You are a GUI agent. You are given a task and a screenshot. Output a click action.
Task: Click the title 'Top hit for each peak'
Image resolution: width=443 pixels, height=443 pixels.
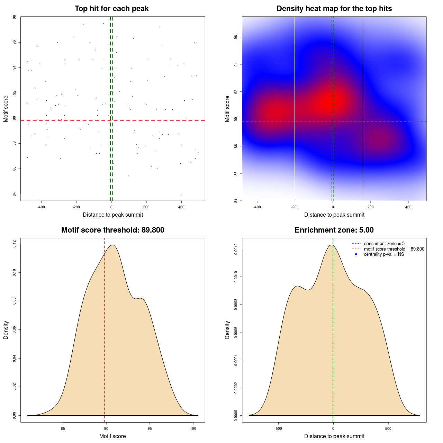[111, 9]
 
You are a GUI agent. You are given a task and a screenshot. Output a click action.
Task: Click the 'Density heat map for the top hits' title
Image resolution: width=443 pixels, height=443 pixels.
[334, 9]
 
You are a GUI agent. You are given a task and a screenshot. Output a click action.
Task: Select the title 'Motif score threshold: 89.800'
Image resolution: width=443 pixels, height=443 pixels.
[112, 230]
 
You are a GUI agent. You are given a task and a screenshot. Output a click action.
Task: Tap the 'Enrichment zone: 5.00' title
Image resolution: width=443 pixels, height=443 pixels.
[334, 230]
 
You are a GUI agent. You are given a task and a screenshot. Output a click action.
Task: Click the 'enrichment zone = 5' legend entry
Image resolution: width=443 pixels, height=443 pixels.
[384, 244]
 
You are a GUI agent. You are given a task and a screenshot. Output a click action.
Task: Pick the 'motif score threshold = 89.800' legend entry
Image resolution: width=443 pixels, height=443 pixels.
[394, 249]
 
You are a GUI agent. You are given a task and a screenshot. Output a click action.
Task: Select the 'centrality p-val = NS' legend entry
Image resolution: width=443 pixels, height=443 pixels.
[384, 254]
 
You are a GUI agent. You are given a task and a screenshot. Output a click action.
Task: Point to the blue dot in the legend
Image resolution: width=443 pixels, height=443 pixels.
[356, 254]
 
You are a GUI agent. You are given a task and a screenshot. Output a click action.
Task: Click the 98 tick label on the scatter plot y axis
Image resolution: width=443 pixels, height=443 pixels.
[14, 17]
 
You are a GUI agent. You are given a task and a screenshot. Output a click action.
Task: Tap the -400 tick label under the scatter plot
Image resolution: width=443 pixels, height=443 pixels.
[41, 207]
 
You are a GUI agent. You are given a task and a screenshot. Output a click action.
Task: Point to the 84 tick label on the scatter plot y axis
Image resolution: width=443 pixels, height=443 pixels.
[14, 194]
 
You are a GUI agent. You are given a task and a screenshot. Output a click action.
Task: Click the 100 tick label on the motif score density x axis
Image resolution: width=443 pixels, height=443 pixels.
[193, 428]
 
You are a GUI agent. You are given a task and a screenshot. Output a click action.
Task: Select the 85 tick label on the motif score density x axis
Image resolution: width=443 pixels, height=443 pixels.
[63, 428]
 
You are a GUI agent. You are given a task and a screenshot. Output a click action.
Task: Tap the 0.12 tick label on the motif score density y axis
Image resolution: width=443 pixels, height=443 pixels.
[14, 244]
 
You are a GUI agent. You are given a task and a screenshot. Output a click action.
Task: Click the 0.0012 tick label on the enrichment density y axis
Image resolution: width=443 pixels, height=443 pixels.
[236, 249]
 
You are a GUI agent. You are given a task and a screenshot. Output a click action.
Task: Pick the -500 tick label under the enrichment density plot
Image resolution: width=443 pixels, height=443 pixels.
[278, 428]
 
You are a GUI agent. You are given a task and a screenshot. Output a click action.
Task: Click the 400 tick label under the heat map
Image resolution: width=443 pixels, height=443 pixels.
[408, 207]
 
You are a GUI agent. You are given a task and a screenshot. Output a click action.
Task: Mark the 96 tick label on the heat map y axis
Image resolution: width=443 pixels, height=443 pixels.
[236, 37]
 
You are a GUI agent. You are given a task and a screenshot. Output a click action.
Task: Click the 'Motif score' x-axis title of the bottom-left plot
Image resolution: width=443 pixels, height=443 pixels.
[112, 436]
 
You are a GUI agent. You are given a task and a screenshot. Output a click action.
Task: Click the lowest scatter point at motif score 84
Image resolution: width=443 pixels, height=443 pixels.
[181, 194]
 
